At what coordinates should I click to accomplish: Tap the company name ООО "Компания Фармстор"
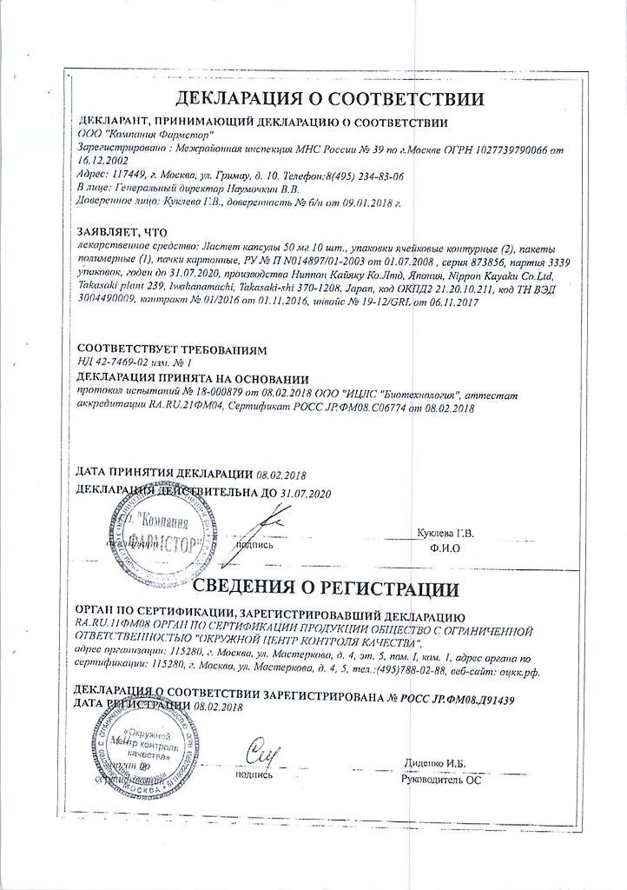147,136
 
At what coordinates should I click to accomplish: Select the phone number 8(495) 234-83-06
356,175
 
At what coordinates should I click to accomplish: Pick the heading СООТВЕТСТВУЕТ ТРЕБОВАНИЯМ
172,349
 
